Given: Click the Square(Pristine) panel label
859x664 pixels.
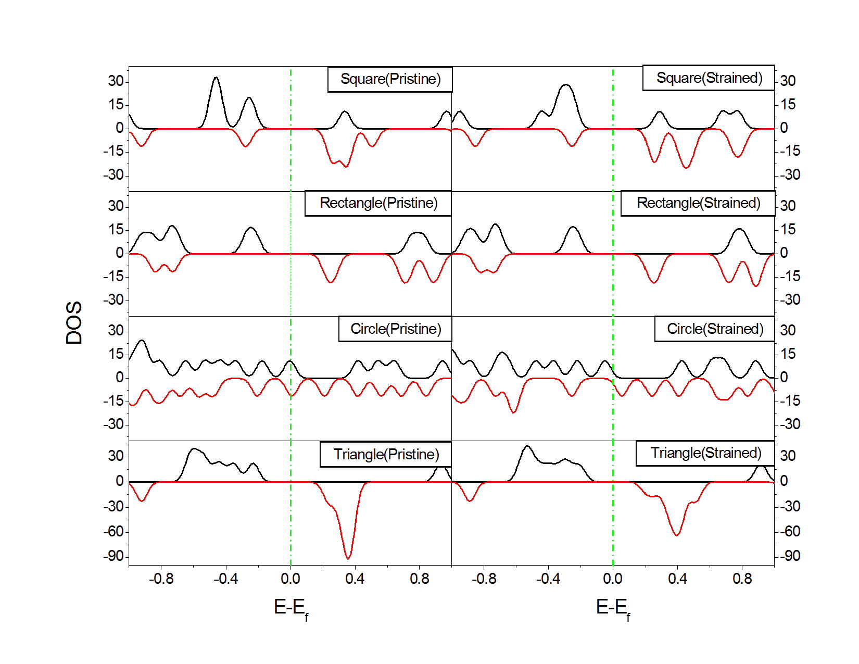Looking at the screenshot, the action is [390, 79].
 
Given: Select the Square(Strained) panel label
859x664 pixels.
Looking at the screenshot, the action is [709, 78].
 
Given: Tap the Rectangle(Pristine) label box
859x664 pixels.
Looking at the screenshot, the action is [378, 203].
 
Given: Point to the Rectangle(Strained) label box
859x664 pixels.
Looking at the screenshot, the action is [698, 203].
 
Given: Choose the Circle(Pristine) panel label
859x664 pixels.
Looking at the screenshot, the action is [395, 329].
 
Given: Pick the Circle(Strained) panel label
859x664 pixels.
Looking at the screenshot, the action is [715, 329].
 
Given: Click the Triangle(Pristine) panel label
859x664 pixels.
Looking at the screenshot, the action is [386, 455].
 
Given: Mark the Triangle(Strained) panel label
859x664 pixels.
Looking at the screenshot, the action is [705, 453].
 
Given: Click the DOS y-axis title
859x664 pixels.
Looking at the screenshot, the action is [74, 323].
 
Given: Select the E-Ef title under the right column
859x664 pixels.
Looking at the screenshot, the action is [613, 608].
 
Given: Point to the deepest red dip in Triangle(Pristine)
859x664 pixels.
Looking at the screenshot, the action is [348, 558].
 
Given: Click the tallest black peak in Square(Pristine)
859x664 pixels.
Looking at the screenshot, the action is [216, 78].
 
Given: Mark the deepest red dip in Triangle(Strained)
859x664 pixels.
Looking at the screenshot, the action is [677, 535].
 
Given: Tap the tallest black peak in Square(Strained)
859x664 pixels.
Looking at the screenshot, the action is [566, 85].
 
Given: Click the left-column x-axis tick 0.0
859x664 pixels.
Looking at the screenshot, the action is [290, 579].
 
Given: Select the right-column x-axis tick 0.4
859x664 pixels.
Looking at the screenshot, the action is [677, 579].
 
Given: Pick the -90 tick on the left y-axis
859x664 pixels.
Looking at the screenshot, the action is [114, 556].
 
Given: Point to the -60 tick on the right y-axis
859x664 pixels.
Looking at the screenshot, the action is [790, 531].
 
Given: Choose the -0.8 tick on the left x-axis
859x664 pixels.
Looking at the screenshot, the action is [161, 579].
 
